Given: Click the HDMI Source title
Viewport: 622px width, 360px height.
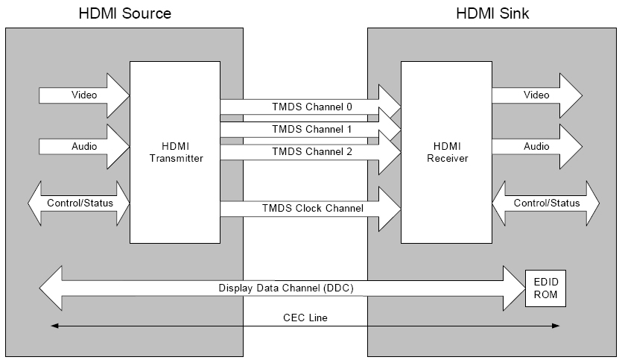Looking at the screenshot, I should point(124,13).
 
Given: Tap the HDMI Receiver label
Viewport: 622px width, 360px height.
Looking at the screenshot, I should point(447,152).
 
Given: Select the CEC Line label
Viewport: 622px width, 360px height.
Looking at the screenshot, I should point(305,318).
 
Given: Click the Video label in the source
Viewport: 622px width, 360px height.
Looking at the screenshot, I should point(83,95).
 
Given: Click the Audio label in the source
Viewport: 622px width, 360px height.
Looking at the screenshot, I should point(83,147).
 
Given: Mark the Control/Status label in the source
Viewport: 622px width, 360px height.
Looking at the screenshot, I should point(76,203).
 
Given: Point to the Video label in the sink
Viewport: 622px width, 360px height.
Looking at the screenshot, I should point(536,95).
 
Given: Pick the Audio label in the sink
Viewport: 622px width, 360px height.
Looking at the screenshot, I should point(536,147).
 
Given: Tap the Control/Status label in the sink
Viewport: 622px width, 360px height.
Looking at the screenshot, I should point(546,203).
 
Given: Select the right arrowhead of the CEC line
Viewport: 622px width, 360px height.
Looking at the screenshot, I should point(556,325).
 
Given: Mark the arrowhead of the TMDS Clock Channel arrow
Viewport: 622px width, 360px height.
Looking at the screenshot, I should point(390,209).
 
